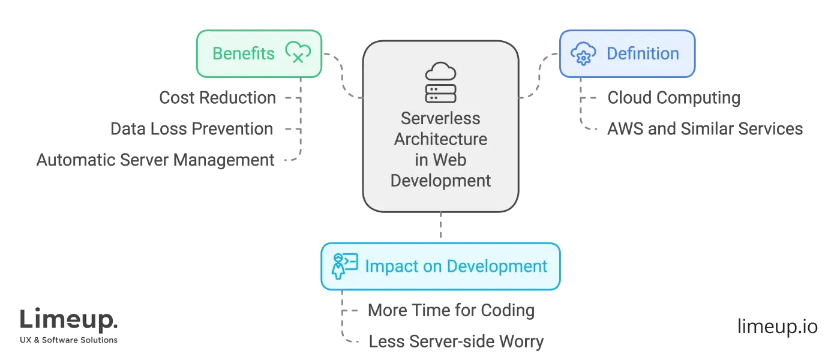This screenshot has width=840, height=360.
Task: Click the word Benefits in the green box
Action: click(x=243, y=54)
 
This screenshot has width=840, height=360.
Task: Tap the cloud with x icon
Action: click(x=298, y=53)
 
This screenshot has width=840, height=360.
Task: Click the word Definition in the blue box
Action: click(x=643, y=54)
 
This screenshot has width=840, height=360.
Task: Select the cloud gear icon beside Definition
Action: click(x=583, y=54)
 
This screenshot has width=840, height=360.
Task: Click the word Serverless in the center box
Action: click(x=440, y=118)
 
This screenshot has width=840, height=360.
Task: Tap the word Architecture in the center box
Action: click(x=440, y=139)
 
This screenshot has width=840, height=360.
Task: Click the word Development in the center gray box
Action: click(x=440, y=181)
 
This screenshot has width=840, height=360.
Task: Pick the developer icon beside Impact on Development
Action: click(x=344, y=266)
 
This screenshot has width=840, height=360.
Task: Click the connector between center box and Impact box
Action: click(x=440, y=227)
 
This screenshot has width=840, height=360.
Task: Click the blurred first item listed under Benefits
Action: click(x=220, y=98)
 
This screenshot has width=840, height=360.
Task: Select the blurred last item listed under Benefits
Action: click(x=157, y=160)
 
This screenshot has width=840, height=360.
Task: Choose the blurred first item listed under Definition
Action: click(x=673, y=98)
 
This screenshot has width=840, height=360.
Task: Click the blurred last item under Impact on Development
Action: click(x=456, y=341)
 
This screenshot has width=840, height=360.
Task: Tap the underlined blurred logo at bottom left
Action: click(x=69, y=322)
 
